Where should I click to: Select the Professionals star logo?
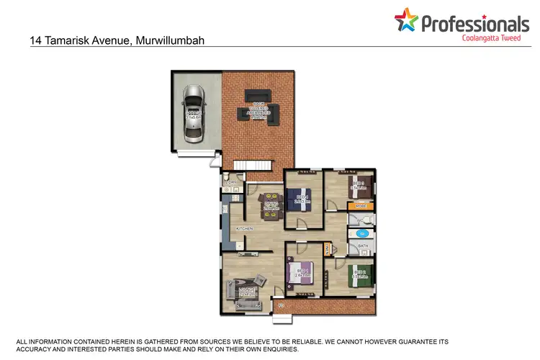coord(406,22)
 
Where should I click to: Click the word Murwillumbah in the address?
coord(169,41)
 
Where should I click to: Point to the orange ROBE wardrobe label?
coord(361,207)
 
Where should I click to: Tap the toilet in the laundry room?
coord(225,177)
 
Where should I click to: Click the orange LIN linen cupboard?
coord(328,250)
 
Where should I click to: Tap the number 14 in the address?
coord(36,41)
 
